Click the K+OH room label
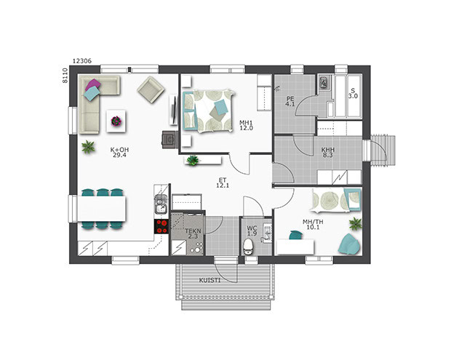coord(119,150)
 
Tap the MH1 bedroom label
coord(246,123)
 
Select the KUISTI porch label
coord(209,280)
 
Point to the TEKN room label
coord(193,231)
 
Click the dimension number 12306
coord(82,61)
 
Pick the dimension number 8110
coord(65,76)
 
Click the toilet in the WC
coord(247,247)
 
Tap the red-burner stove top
coord(161,227)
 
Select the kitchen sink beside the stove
coord(161,204)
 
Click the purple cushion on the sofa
coord(92,85)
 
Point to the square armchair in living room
coord(151,90)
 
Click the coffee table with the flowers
coord(116,121)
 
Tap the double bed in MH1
coord(207,111)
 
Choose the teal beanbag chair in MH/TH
coord(349,244)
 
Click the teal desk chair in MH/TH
coord(296,235)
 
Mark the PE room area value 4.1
coord(290,104)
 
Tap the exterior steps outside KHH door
coord(383,151)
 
